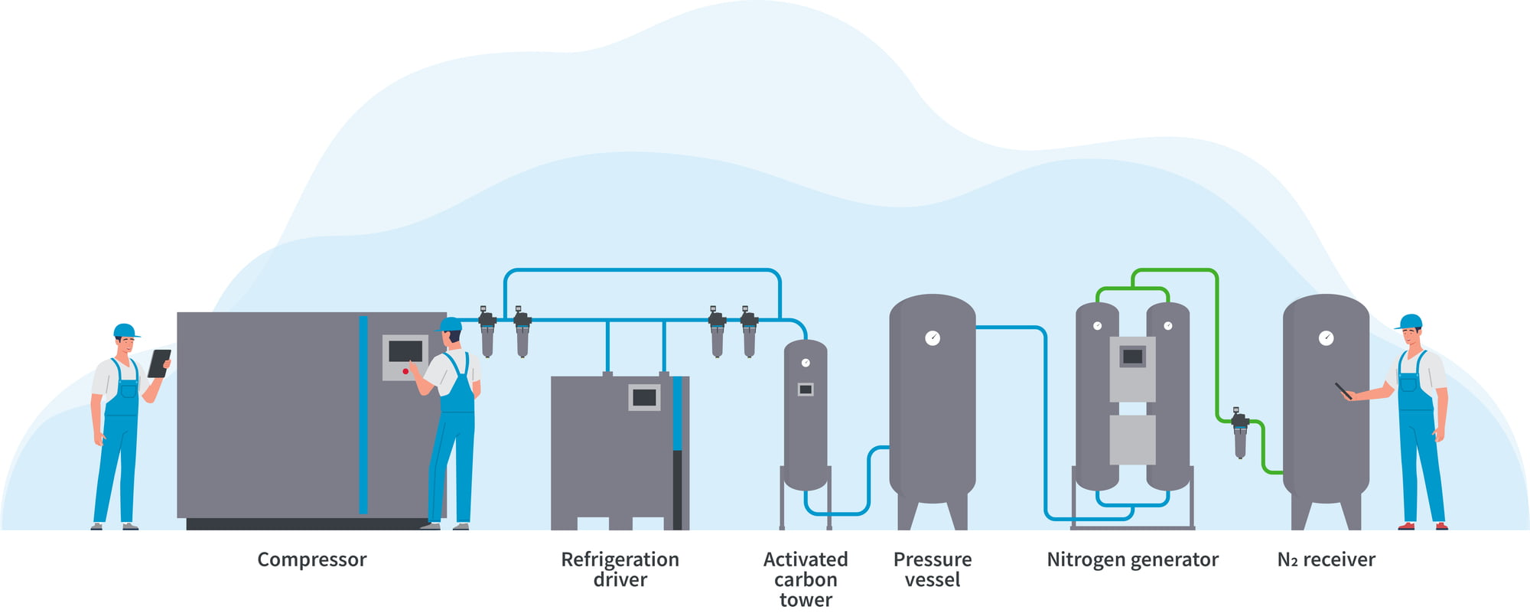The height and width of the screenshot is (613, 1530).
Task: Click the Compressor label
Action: point(311,559)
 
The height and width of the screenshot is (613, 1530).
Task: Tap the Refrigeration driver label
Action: point(620,569)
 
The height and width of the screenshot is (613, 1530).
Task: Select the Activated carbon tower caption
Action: point(806,579)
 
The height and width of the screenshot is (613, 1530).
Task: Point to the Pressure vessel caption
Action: point(932,569)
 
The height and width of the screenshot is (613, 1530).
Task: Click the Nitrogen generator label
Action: point(1132,559)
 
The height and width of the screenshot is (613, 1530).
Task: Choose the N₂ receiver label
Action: point(1326,559)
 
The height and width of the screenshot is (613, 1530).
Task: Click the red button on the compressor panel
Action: point(405,371)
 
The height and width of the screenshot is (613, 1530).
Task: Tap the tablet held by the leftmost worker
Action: point(159,363)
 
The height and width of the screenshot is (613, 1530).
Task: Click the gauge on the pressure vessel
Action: point(933,337)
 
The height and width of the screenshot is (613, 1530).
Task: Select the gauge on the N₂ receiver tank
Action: point(1327,337)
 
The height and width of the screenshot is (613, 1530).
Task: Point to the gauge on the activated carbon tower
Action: point(806,363)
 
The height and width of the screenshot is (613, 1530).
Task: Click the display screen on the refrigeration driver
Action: point(644,397)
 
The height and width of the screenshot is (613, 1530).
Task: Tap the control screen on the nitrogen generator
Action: point(1132,357)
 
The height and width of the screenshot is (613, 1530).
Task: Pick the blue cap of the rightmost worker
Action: point(1410,321)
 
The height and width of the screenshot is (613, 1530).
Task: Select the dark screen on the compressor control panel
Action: point(405,351)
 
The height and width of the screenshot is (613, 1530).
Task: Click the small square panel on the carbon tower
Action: point(806,390)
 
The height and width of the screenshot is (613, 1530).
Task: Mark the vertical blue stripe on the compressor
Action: point(363,413)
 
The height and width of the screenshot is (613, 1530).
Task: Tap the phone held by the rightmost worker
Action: point(1343,390)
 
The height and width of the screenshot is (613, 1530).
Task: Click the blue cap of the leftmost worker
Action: point(125,331)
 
